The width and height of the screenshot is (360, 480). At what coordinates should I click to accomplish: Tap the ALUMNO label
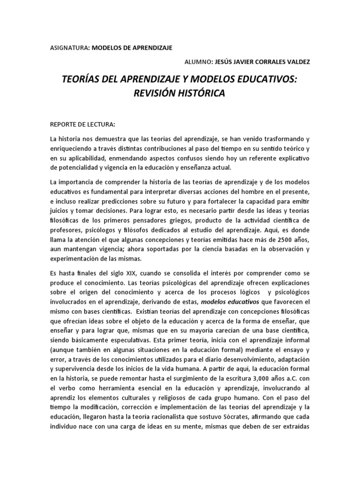tap(198, 61)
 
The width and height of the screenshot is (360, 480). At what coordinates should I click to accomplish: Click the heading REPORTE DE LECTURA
tap(82, 125)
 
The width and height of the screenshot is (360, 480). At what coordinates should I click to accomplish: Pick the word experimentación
tap(79, 258)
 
